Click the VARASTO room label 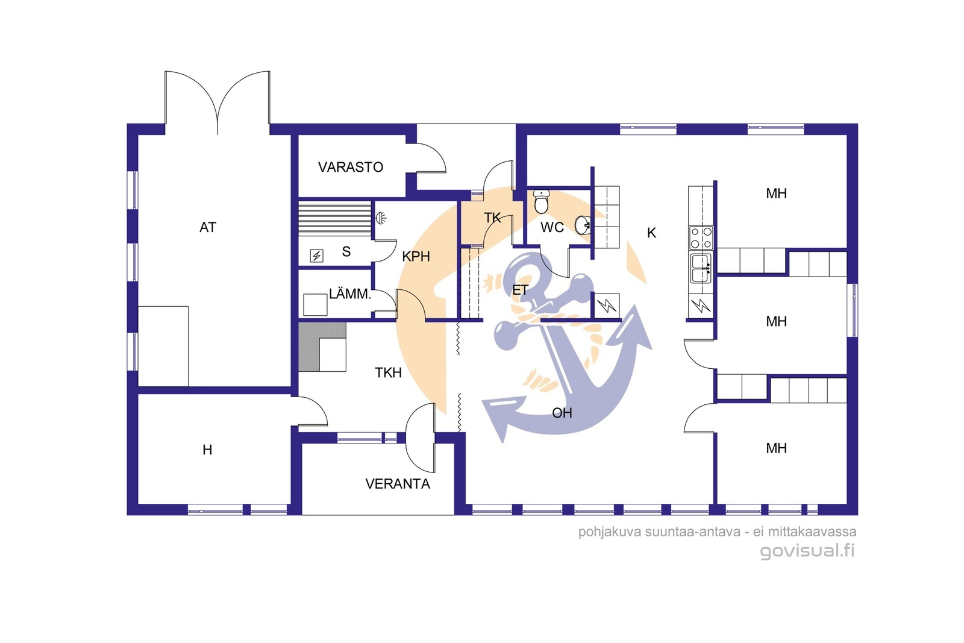tap(350, 167)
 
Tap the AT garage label tap(208, 227)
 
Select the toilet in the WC tap(541, 201)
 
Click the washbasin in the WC tap(583, 225)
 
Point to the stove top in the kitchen tap(701, 238)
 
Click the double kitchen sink tap(701, 268)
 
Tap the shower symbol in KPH tap(381, 218)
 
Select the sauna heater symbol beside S tap(317, 256)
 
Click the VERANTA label tap(398, 484)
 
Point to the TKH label tap(388, 372)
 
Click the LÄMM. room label tap(350, 294)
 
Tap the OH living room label tap(562, 413)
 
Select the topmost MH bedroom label tap(777, 193)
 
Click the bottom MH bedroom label tap(777, 448)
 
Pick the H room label tap(207, 450)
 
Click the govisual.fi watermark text tap(807, 551)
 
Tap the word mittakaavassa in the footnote tap(812, 532)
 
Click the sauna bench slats tap(335, 218)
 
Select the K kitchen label tap(651, 233)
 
